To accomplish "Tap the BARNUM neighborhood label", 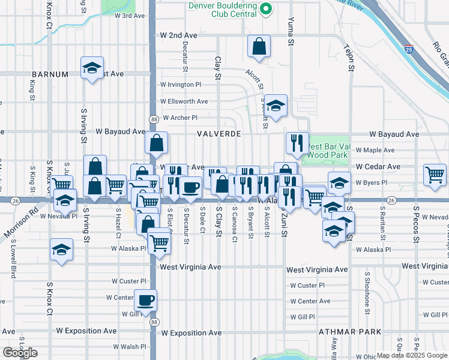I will pos(50,74).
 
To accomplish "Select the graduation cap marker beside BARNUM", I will pos(92,68).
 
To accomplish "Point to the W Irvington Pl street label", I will pos(184,85).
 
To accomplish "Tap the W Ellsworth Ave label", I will pos(184,101).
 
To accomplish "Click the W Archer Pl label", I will pos(179,118).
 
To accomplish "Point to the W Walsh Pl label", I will pos(129,347).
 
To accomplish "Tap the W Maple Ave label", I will pos(375,150).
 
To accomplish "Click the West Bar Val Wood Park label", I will pos(327,151).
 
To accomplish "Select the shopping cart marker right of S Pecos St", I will pos(435,175).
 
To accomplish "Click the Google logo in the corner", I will pos(19,353).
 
